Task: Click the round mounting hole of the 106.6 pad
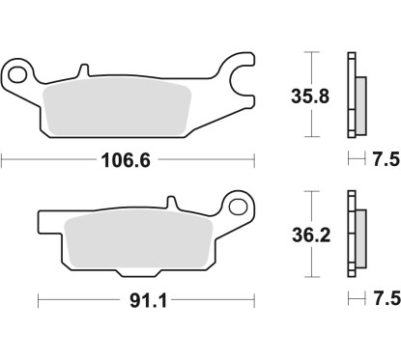click(x=17, y=72)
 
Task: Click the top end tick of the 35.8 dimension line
click(x=309, y=51)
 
